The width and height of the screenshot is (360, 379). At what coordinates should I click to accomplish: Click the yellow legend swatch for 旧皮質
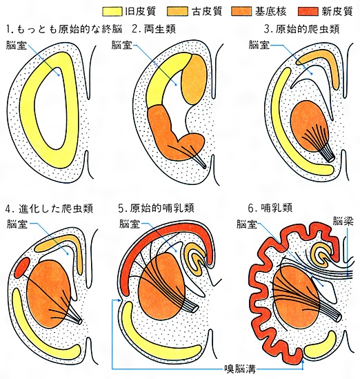coord(112,12)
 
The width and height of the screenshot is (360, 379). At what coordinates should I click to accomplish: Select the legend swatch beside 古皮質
coord(177,12)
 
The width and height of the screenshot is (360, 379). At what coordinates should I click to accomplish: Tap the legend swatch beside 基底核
coord(241,12)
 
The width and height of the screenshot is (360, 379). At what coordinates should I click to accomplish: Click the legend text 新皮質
coord(337,11)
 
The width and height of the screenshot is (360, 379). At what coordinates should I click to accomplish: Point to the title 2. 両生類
coord(154,30)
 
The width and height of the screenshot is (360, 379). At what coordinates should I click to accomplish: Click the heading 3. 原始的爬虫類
coord(302,29)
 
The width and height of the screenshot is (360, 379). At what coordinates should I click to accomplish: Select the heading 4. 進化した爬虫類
coord(49,208)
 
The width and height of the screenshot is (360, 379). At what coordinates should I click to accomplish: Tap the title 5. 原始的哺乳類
coord(157,208)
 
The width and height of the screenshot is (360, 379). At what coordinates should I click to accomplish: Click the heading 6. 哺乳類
coord(270,208)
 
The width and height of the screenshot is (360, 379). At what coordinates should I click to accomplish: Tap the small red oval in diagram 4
coord(23,268)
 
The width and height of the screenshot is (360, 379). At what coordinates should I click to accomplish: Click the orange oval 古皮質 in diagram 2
coord(194,79)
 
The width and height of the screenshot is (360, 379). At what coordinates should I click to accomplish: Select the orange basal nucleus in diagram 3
coord(310,126)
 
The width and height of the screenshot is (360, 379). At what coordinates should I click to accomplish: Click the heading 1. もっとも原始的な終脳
coord(64,30)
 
